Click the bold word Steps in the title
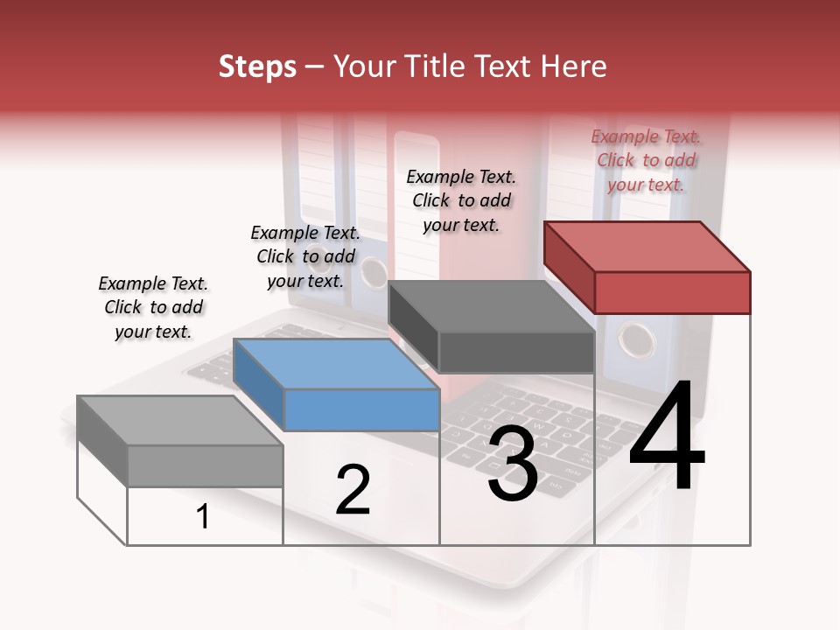tap(257, 66)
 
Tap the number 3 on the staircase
tap(513, 464)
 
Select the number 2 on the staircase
tap(353, 490)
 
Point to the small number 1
tap(203, 516)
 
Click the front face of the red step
tap(672, 292)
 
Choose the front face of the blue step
tap(362, 409)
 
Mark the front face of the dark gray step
tap(516, 353)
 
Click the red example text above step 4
tap(647, 160)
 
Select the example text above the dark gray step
tap(461, 200)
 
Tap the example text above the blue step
tap(305, 256)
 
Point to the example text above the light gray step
tap(153, 307)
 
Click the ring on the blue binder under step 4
tap(636, 339)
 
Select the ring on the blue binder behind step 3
tap(374, 273)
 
